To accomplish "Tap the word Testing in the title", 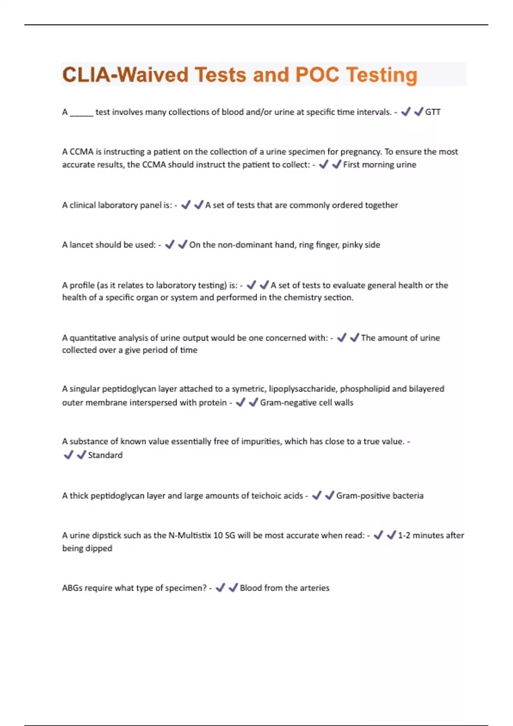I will click(x=381, y=75).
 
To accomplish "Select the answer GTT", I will click(x=433, y=112).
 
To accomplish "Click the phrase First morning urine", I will click(x=380, y=164).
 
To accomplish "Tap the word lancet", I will click(x=83, y=245).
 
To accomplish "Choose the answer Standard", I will click(x=105, y=455).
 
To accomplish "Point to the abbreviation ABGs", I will click(x=72, y=588).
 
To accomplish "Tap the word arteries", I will click(x=315, y=588).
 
